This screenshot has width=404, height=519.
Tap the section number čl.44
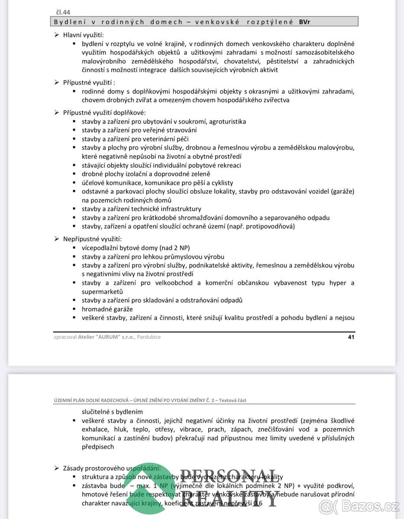62,12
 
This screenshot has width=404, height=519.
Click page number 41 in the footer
351,337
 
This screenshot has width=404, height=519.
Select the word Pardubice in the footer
149,337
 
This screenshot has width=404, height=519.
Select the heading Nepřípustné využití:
92,239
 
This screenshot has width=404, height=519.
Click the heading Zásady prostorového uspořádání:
112,468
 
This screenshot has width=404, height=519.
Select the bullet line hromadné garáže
107,309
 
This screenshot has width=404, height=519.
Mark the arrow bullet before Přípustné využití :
56,82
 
